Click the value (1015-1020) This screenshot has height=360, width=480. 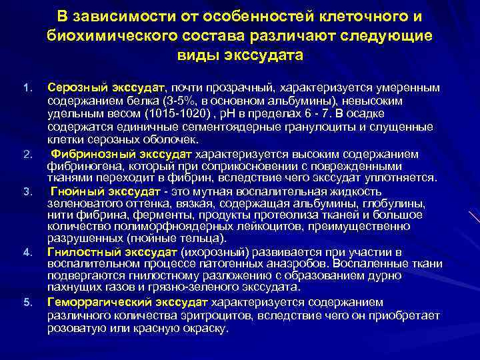(x=181, y=112)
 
